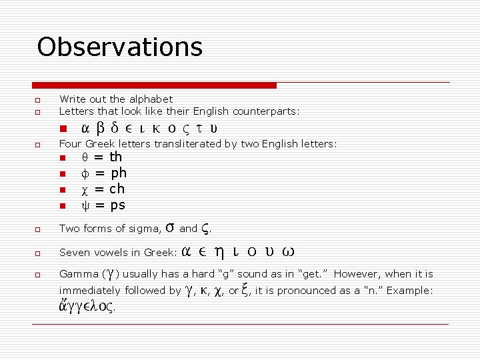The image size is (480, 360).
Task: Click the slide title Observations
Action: pyautogui.click(x=119, y=47)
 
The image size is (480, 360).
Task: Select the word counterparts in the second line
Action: pyautogui.click(x=264, y=111)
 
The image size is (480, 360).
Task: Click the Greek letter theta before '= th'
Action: pyautogui.click(x=84, y=157)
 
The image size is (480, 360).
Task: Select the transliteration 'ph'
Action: pyautogui.click(x=119, y=173)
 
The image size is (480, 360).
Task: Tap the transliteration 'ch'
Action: pyautogui.click(x=117, y=189)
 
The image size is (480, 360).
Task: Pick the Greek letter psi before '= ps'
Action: pyautogui.click(x=84, y=205)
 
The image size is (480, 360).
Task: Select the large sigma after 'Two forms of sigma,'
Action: pyautogui.click(x=169, y=228)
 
